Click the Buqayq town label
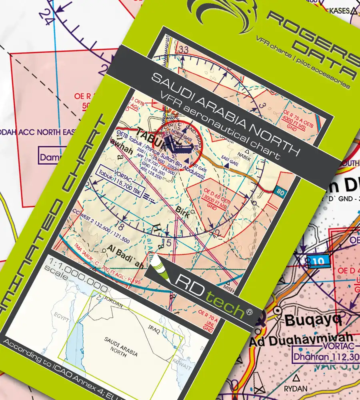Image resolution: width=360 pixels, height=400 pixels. click(x=312, y=320)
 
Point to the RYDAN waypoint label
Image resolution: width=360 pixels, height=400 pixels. click(x=296, y=388)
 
